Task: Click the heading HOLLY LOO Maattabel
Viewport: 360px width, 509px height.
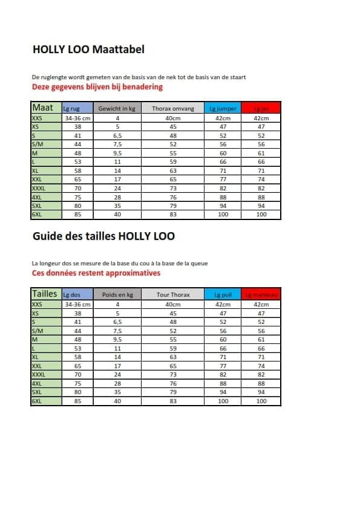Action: [88, 50]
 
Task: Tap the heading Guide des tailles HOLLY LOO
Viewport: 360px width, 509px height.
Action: [103, 236]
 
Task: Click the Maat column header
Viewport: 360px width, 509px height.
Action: [42, 108]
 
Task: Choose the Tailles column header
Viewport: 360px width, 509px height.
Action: [45, 294]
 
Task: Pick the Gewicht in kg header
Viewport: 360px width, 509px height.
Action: [117, 108]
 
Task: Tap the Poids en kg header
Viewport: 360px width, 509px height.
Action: [117, 294]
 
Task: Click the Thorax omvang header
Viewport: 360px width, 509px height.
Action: [173, 108]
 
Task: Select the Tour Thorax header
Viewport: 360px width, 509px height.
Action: [173, 294]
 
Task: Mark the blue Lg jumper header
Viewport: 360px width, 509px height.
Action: [221, 108]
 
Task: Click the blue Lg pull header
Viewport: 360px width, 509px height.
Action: [221, 294]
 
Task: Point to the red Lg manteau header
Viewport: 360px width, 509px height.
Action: [261, 294]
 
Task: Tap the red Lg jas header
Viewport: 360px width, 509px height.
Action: [261, 108]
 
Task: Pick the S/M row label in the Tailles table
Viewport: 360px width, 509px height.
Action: [38, 331]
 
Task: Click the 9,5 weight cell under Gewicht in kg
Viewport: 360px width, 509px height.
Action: [117, 154]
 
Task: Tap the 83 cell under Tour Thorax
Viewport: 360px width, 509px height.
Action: [173, 400]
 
